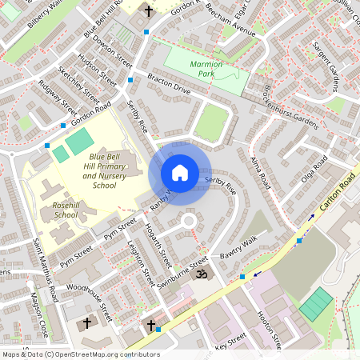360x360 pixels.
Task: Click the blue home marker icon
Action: point(180,172)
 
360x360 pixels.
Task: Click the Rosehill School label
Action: point(60,210)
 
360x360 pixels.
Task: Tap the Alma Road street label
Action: point(261,172)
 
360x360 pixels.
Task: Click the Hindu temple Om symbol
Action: point(201,274)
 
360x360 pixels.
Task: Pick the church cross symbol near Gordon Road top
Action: point(149,10)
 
